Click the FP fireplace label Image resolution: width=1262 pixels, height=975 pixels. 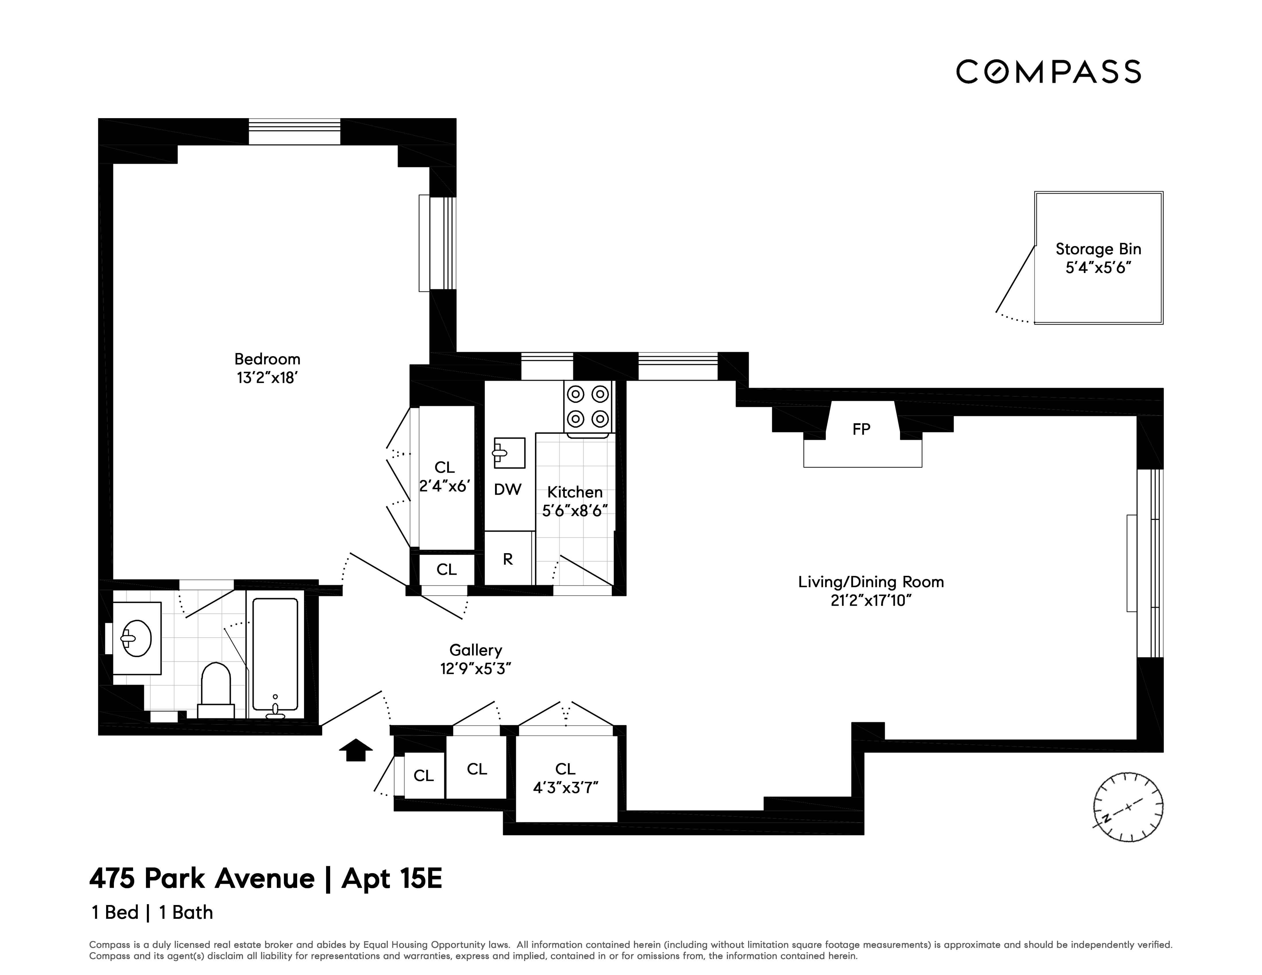[x=861, y=429]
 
